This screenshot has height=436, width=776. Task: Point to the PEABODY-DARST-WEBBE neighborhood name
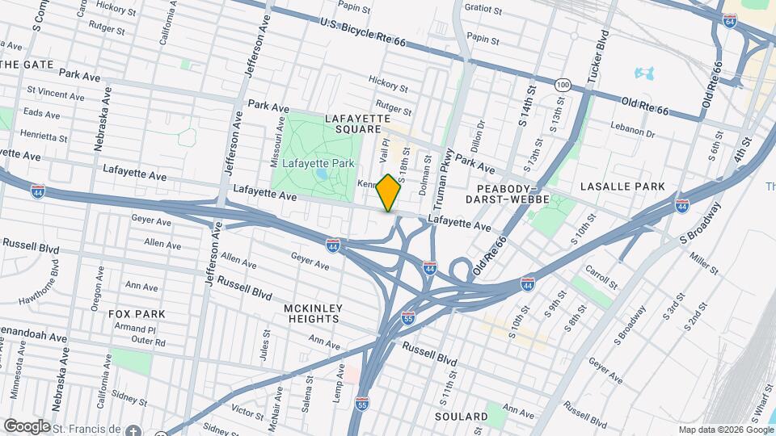(x=508, y=192)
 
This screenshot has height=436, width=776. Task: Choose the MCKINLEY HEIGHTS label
(x=314, y=314)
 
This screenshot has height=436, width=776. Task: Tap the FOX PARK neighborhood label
(x=138, y=313)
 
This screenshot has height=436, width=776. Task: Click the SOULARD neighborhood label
(x=462, y=417)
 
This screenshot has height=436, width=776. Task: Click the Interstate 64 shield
(x=729, y=22)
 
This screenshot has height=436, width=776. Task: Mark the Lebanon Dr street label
(x=632, y=131)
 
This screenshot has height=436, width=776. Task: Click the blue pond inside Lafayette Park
(x=323, y=174)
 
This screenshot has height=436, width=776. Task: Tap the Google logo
(x=27, y=426)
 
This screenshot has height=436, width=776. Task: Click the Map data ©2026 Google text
(x=724, y=430)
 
